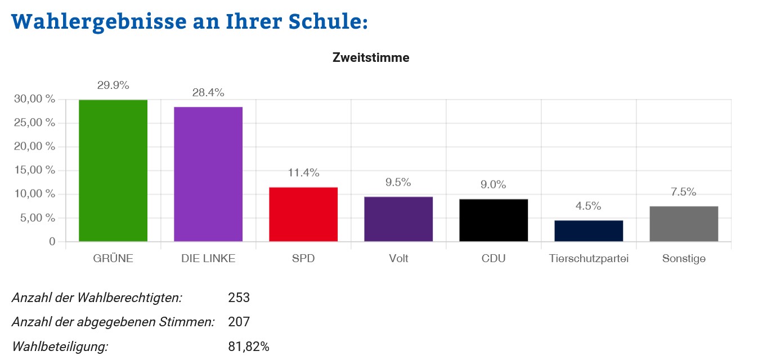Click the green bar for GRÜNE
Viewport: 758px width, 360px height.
(x=113, y=170)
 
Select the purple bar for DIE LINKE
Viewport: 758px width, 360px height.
(x=208, y=174)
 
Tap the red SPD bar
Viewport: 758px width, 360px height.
(x=303, y=214)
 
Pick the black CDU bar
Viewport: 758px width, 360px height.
(x=494, y=220)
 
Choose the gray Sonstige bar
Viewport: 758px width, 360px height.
(x=684, y=224)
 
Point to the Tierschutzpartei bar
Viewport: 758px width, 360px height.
(x=589, y=231)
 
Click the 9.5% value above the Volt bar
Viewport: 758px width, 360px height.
(x=398, y=182)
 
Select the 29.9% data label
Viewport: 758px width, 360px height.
(x=113, y=85)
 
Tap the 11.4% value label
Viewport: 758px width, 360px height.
(x=303, y=173)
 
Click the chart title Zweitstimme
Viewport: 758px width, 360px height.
(x=371, y=57)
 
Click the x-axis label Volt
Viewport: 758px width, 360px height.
(x=398, y=259)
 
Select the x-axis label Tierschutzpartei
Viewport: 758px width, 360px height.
(x=589, y=259)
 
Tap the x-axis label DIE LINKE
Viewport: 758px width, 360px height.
(x=208, y=259)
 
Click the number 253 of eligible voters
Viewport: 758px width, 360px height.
(x=239, y=298)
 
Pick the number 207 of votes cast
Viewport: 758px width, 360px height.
(x=239, y=322)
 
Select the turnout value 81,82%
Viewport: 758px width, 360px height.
(x=249, y=346)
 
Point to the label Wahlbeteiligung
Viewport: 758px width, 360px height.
(x=60, y=346)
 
